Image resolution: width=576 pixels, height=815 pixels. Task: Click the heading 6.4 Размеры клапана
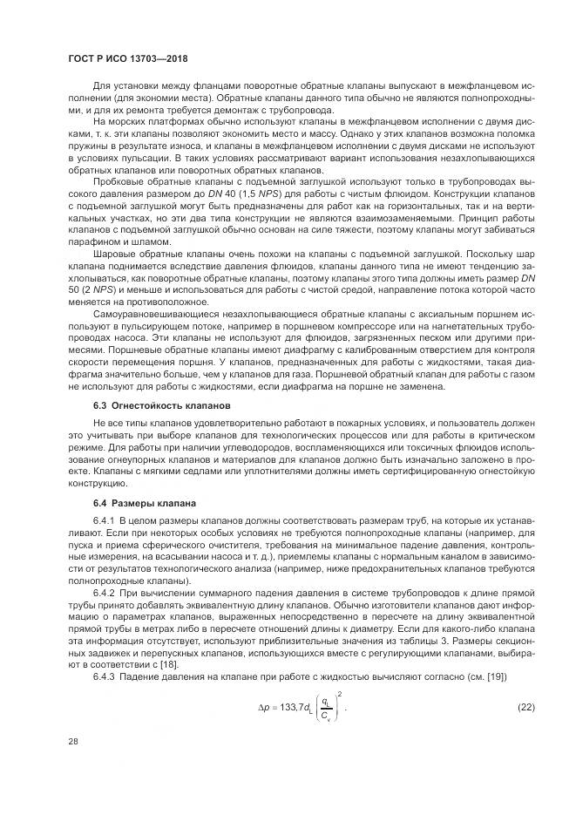pos(133,503)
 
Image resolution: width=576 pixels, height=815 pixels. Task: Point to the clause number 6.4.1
pos(105,520)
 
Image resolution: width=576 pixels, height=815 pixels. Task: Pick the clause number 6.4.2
pos(105,593)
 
